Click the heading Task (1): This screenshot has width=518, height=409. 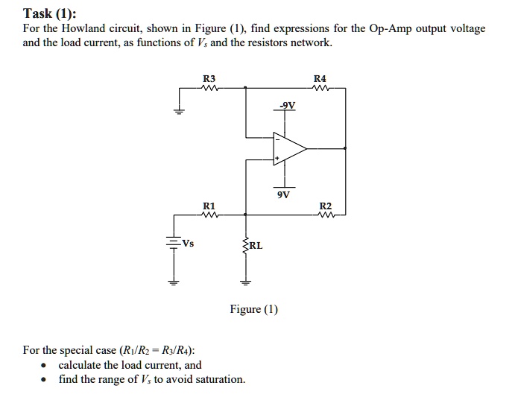click(x=49, y=13)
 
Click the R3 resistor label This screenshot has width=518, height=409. click(x=209, y=78)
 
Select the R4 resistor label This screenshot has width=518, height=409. click(x=320, y=78)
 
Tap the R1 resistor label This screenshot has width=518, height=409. click(x=209, y=205)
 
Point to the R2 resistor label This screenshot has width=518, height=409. click(x=325, y=205)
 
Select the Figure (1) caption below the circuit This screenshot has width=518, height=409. click(x=254, y=309)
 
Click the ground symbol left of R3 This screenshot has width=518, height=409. click(x=178, y=112)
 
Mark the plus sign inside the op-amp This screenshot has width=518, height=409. click(x=277, y=158)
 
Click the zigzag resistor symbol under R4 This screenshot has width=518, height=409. click(x=320, y=88)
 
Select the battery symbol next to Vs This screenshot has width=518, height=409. click(x=174, y=242)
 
